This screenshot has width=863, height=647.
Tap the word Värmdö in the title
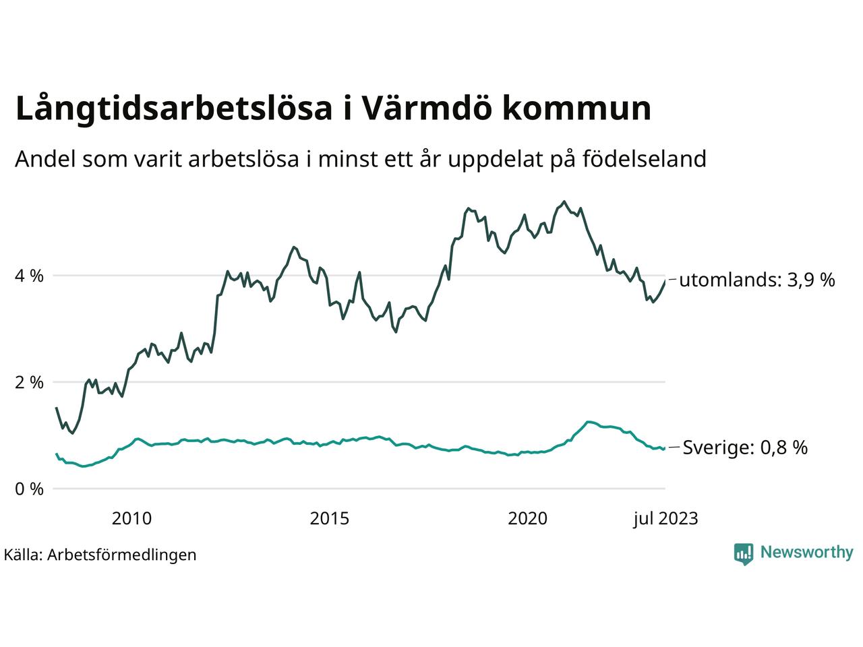click(422, 109)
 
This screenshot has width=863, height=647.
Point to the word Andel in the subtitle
click(44, 159)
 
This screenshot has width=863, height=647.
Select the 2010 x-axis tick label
click(131, 518)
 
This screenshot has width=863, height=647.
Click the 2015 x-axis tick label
click(330, 518)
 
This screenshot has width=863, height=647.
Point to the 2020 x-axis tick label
click(528, 518)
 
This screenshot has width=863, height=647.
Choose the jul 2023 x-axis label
click(665, 518)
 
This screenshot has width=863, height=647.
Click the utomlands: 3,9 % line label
click(756, 280)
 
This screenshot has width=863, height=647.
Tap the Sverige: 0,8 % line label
click(745, 448)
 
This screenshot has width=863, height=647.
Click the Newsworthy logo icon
click(743, 553)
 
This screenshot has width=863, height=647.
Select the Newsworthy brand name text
click(806, 553)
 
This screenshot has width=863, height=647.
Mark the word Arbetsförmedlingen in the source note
click(122, 555)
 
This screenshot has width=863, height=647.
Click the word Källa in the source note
click(23, 555)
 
